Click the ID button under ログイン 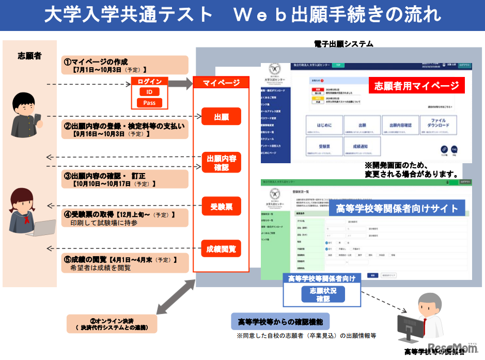(x=149, y=92)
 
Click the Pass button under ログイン (x=149, y=103)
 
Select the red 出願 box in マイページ (x=221, y=117)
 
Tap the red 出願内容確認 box (x=221, y=162)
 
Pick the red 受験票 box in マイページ (x=221, y=207)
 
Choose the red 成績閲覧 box (x=221, y=249)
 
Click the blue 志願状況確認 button (x=323, y=294)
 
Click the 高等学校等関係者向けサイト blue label (x=397, y=208)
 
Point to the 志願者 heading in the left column (x=29, y=56)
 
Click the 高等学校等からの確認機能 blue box (x=280, y=322)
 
